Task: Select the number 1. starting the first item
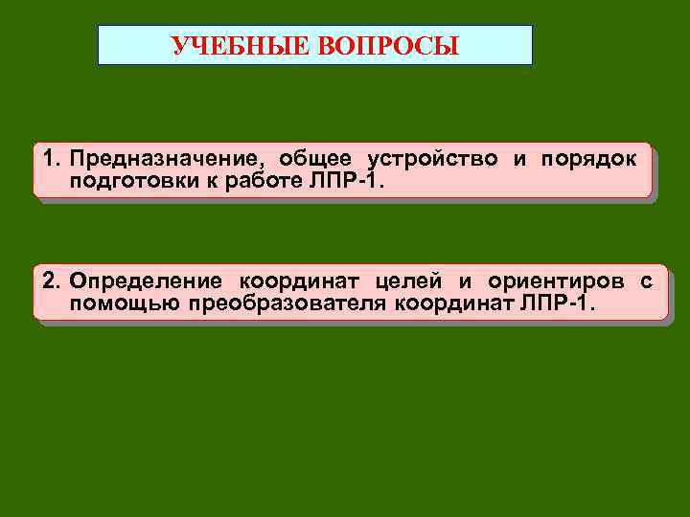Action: (50, 159)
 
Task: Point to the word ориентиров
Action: (555, 281)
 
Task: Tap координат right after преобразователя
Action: (452, 303)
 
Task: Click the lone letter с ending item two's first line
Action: (648, 281)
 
